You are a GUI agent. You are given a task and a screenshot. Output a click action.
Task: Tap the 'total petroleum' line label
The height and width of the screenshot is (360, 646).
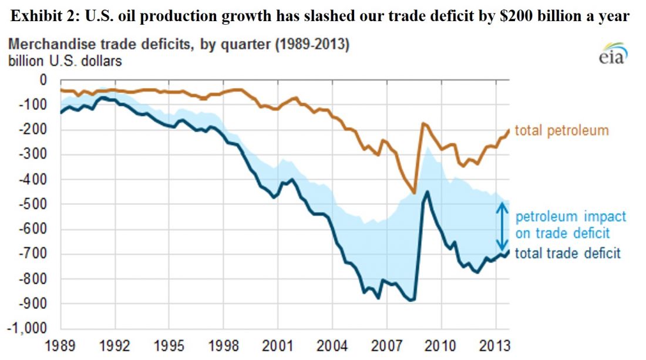pyautogui.click(x=561, y=130)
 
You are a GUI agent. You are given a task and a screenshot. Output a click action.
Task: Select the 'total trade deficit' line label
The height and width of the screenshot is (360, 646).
pyautogui.click(x=567, y=254)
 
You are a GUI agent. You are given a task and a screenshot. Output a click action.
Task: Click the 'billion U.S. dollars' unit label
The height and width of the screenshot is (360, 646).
pyautogui.click(x=65, y=60)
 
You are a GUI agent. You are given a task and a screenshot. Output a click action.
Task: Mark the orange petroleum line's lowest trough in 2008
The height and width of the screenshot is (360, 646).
pyautogui.click(x=415, y=193)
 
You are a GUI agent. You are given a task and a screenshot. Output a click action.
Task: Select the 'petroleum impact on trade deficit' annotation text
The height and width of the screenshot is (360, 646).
pyautogui.click(x=562, y=225)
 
